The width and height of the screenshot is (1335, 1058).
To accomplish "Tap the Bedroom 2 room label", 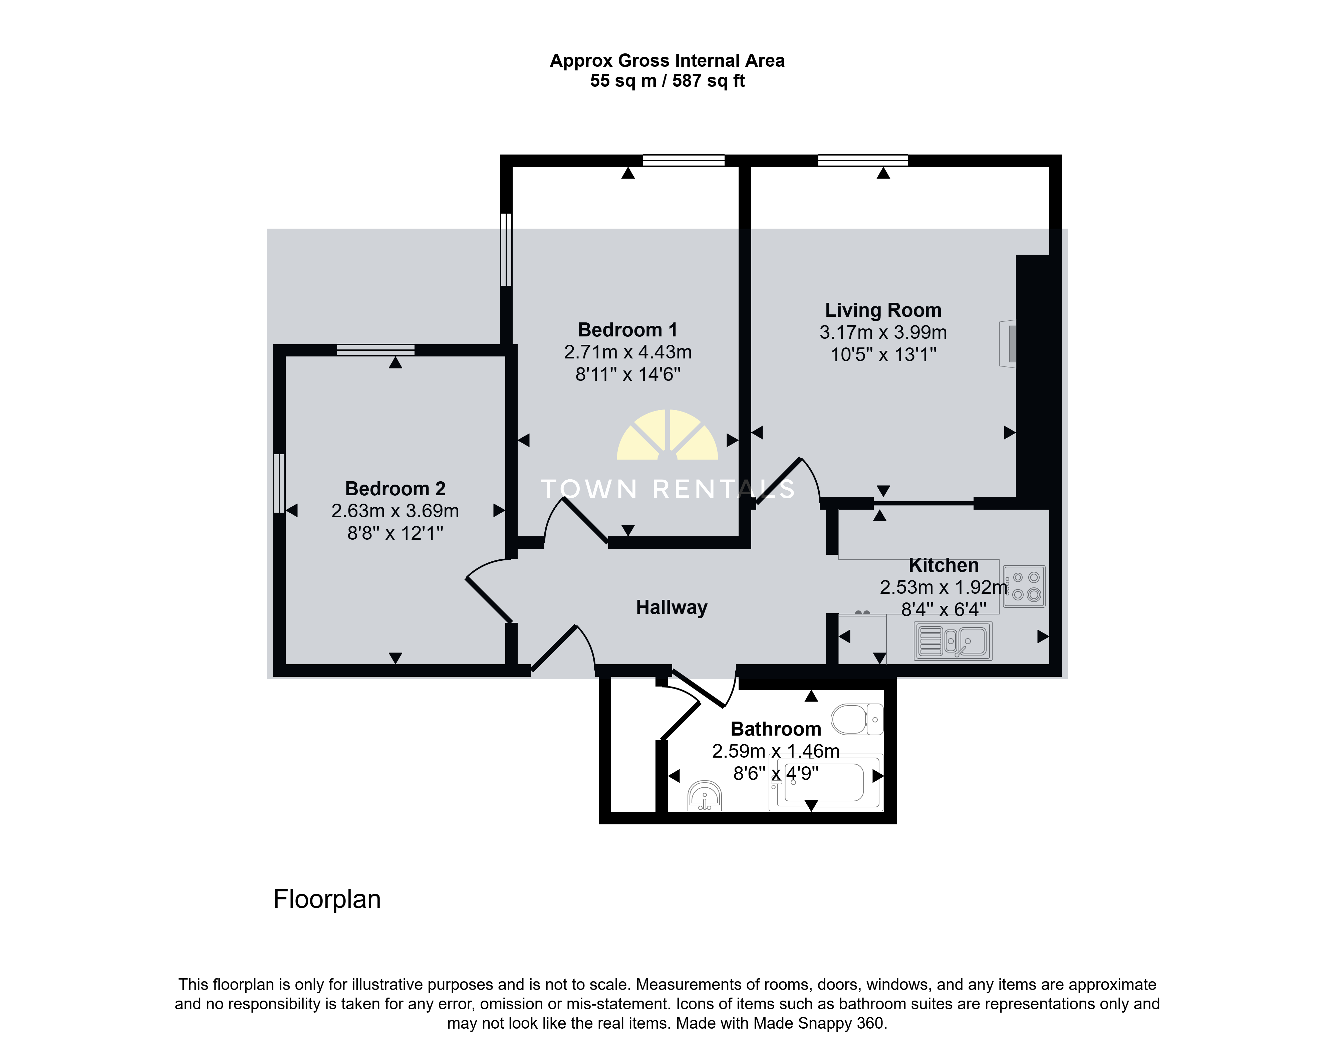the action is tap(395, 489).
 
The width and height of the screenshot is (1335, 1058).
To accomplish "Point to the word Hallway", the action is tap(672, 607).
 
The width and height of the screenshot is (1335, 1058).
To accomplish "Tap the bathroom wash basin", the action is tap(705, 796).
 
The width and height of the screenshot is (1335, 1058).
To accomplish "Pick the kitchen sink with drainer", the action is tap(953, 641).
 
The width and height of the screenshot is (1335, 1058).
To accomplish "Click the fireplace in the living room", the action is tap(1008, 344).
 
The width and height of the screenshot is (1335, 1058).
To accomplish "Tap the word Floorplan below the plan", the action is tap(327, 899).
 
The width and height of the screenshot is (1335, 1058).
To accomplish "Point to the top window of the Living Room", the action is tap(863, 160).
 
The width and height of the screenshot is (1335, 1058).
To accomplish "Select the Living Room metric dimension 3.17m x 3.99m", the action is tap(883, 332).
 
